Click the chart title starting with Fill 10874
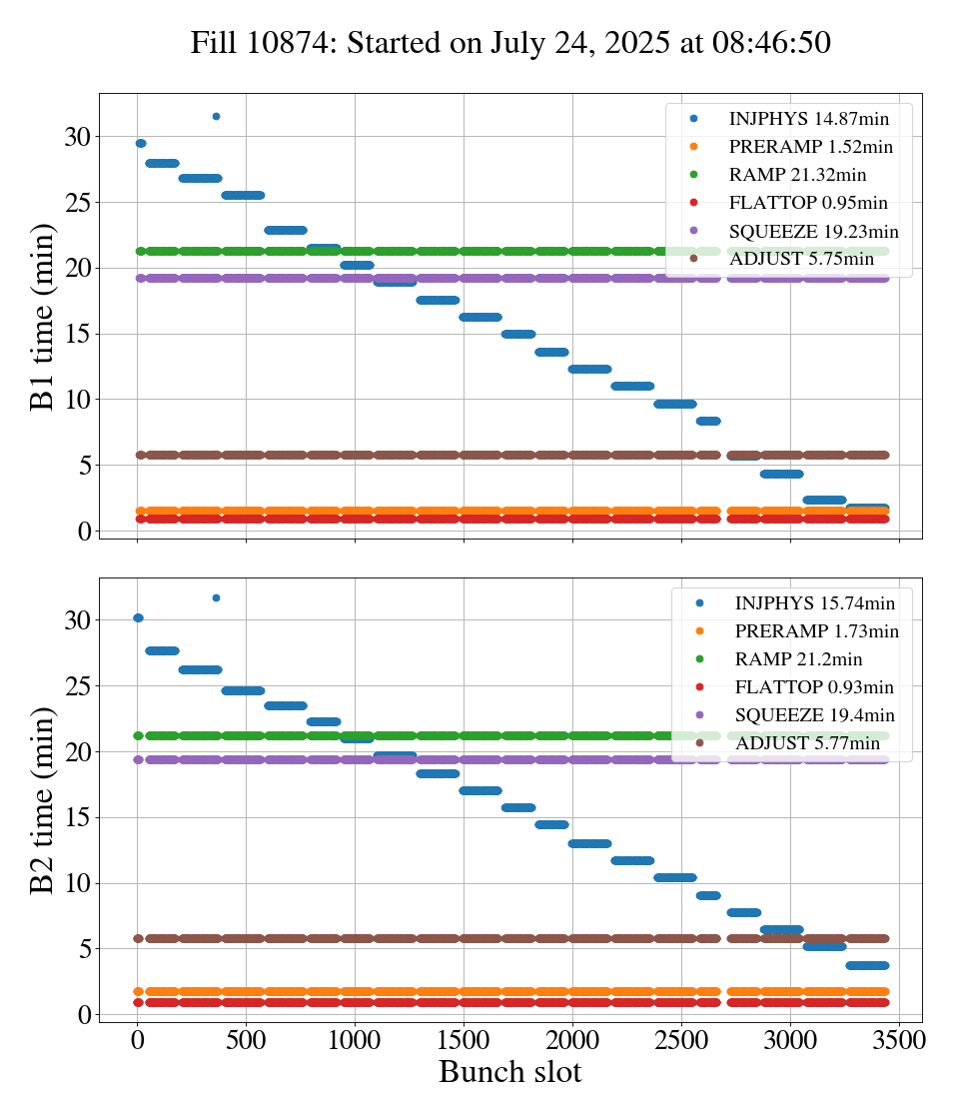coord(510,43)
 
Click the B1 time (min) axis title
coord(42,317)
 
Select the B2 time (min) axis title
coord(42,800)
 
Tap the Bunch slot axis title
coord(509,1072)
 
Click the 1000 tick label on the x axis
coord(355,1039)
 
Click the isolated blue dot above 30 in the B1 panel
coord(216,117)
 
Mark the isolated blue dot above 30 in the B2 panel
coord(216,598)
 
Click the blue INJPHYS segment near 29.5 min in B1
coord(141,144)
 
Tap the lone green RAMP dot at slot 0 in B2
coord(138,736)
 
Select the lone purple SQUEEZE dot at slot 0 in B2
coord(138,760)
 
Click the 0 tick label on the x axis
coord(137,1039)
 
